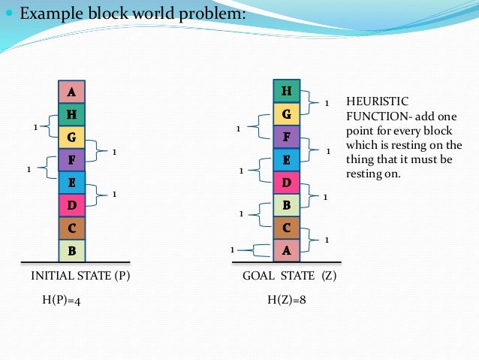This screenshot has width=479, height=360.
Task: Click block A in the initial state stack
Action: (x=71, y=92)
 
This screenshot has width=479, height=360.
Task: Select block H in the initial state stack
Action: (x=71, y=115)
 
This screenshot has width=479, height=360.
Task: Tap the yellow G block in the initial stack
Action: (x=71, y=138)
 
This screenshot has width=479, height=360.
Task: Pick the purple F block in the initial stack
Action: (x=71, y=159)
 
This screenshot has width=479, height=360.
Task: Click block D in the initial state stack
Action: (x=71, y=204)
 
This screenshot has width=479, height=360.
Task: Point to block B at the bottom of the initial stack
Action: (x=71, y=250)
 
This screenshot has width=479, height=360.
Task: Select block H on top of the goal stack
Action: (x=286, y=92)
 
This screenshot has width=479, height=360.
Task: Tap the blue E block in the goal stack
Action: (x=286, y=159)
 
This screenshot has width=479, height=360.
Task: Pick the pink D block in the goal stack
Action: (x=286, y=182)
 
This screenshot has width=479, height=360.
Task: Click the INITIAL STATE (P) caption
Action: (x=80, y=276)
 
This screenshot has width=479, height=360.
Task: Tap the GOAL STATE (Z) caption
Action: (x=290, y=276)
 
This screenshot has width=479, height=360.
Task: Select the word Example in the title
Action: (x=51, y=14)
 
